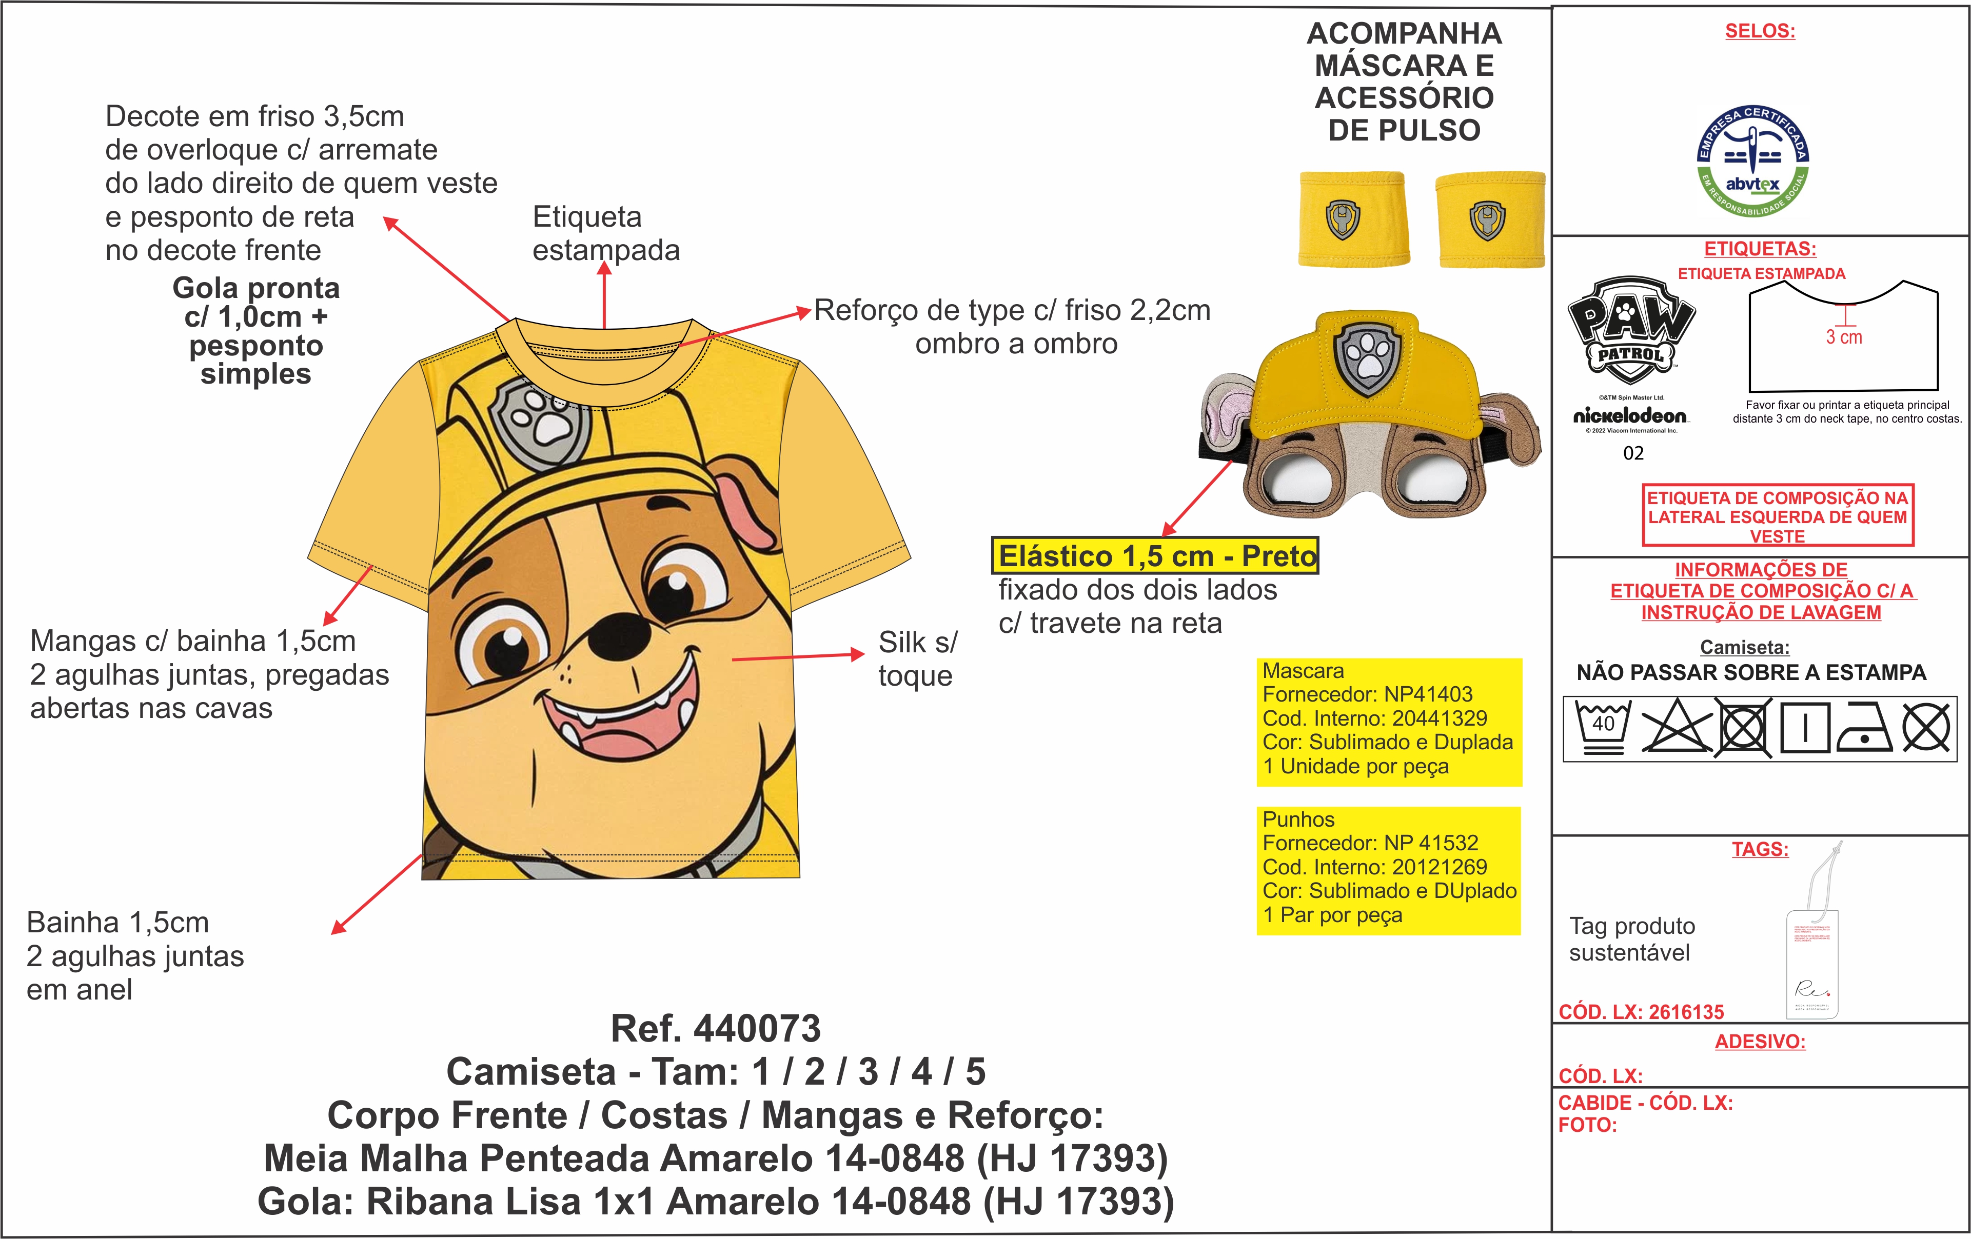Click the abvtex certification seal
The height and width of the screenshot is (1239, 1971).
(x=1752, y=162)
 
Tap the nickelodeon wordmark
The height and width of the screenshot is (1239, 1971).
(x=1630, y=416)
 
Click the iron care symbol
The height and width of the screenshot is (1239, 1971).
(x=1864, y=728)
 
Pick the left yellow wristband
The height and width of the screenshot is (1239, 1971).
(x=1353, y=218)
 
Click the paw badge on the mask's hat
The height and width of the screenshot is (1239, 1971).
(x=1368, y=355)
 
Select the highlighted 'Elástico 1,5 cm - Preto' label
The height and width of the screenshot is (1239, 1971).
(x=1155, y=556)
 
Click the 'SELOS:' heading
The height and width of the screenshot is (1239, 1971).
(x=1760, y=31)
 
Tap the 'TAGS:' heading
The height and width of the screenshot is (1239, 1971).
(x=1760, y=849)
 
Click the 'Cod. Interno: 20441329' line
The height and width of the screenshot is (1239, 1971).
(x=1374, y=718)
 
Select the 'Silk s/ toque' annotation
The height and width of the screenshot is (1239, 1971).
(x=917, y=659)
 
